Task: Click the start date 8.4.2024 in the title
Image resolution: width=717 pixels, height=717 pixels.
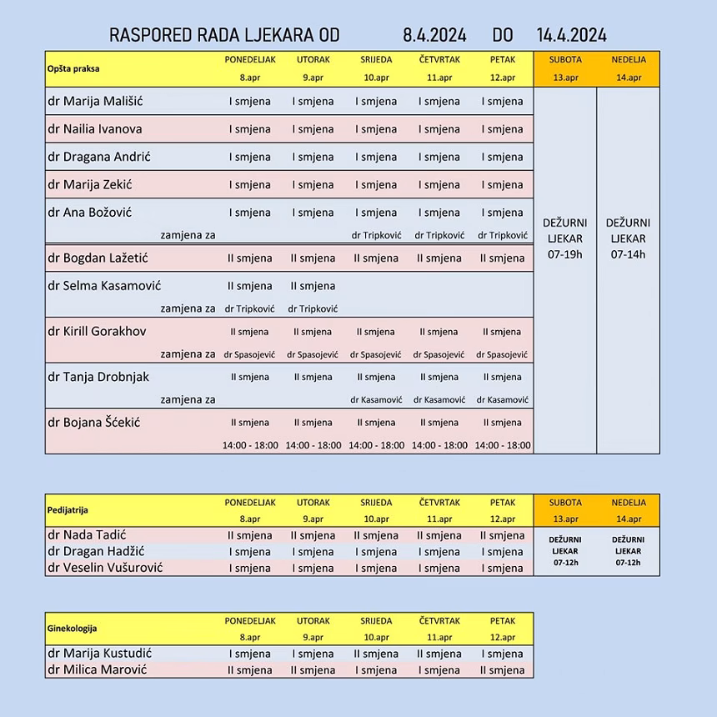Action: [434, 35]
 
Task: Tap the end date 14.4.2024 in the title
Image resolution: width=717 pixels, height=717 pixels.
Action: [572, 35]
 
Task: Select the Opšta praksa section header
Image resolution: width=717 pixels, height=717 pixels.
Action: [72, 68]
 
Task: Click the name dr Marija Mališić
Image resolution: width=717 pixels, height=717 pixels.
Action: [95, 101]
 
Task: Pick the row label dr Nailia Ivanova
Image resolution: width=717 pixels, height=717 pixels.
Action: [95, 129]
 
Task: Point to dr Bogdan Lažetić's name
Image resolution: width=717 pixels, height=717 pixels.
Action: [98, 258]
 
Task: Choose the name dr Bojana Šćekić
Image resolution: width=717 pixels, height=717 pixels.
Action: [94, 422]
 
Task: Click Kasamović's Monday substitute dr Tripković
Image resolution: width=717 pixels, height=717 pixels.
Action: [250, 308]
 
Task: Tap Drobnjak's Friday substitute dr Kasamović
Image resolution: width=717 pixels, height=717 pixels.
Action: [503, 399]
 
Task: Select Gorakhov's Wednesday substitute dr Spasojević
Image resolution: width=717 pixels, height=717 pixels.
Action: [376, 354]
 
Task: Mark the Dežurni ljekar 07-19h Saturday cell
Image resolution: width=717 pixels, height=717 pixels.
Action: [564, 238]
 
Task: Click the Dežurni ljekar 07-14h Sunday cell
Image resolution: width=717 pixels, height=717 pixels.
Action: [628, 238]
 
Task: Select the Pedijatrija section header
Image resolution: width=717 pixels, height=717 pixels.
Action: [68, 509]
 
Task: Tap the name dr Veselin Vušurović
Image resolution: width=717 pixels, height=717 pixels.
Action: [105, 567]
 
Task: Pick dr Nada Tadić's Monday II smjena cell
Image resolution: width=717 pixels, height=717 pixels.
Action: [250, 535]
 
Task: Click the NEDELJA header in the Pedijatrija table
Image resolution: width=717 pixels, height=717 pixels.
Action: [628, 503]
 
